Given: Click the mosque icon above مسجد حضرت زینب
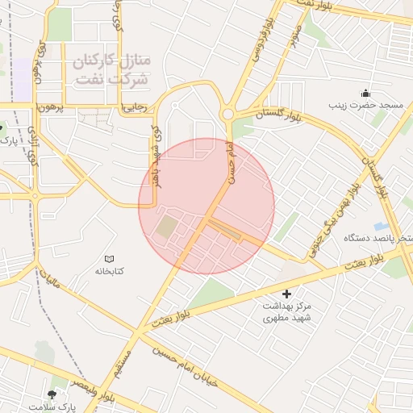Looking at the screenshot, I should click(365, 93).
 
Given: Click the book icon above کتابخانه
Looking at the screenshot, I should click(110, 258).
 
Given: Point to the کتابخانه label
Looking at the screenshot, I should click(110, 271).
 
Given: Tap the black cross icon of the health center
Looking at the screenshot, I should click(286, 293).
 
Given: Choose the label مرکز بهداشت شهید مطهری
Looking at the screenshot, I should click(286, 312).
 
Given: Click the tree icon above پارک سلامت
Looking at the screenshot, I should click(52, 394).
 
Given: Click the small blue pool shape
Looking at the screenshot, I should click(380, 226).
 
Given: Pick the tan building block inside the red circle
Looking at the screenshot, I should click(165, 227).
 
